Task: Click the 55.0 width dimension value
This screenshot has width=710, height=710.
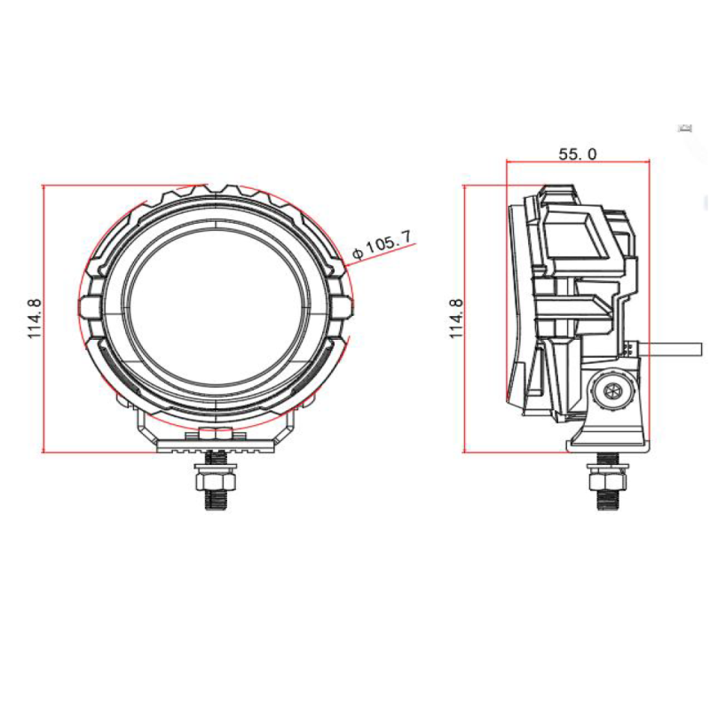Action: click(577, 154)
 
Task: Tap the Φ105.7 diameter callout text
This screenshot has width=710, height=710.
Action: click(382, 246)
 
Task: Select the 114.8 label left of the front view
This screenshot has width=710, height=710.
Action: click(35, 319)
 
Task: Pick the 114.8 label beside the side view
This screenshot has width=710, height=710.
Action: click(456, 319)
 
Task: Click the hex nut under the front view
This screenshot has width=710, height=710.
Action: click(216, 480)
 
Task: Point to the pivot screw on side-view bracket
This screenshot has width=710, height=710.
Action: click(611, 390)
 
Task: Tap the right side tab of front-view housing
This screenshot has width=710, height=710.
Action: click(345, 307)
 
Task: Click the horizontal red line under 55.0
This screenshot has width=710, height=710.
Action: click(577, 162)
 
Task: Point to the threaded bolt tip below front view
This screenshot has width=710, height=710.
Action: click(216, 502)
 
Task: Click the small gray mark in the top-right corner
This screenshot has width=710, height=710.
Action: click(684, 130)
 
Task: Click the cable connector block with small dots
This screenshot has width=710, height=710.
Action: click(629, 348)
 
